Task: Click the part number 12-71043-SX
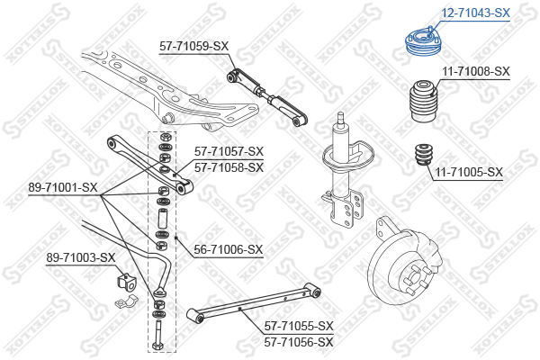click(x=476, y=13)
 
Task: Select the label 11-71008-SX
click(x=476, y=71)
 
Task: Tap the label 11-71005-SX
click(x=469, y=171)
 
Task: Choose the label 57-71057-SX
click(x=229, y=151)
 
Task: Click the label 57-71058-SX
click(x=229, y=166)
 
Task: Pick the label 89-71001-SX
click(x=62, y=187)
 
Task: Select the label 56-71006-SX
click(x=229, y=249)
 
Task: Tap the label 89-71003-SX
click(x=81, y=258)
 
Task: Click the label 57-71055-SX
click(x=299, y=327)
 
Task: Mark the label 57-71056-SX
click(x=299, y=342)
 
